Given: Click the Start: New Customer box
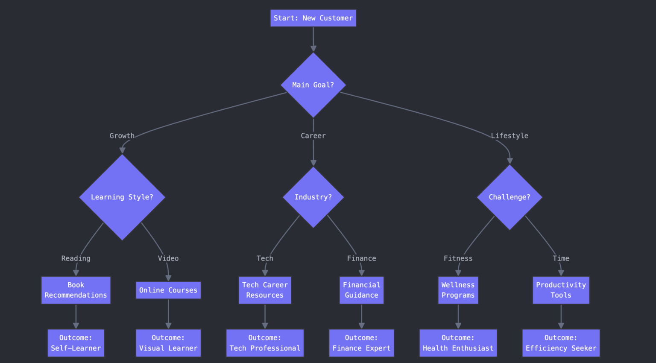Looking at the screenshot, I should [313, 18].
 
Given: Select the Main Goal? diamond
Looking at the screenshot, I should [313, 85].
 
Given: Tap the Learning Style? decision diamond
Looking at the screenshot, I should [122, 197].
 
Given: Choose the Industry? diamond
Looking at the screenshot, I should [313, 197].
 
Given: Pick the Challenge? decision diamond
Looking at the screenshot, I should [510, 197].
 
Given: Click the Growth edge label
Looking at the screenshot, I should [122, 136].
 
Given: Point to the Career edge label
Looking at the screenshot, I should [313, 136].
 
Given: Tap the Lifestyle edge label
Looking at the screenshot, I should [510, 136].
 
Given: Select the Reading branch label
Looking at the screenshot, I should [76, 258].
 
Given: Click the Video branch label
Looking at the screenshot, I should [168, 258].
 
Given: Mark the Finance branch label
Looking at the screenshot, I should [361, 258].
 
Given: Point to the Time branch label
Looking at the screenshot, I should [561, 258].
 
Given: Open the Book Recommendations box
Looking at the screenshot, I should [76, 290].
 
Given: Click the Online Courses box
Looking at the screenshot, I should [168, 290].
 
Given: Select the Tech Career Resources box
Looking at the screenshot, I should [265, 290].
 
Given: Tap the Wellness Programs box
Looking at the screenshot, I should [458, 290].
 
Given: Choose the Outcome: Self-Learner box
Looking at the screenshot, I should [76, 343].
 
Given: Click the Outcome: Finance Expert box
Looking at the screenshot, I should [361, 343].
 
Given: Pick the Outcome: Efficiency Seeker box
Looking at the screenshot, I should [561, 343].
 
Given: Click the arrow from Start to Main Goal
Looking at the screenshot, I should [313, 39].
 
